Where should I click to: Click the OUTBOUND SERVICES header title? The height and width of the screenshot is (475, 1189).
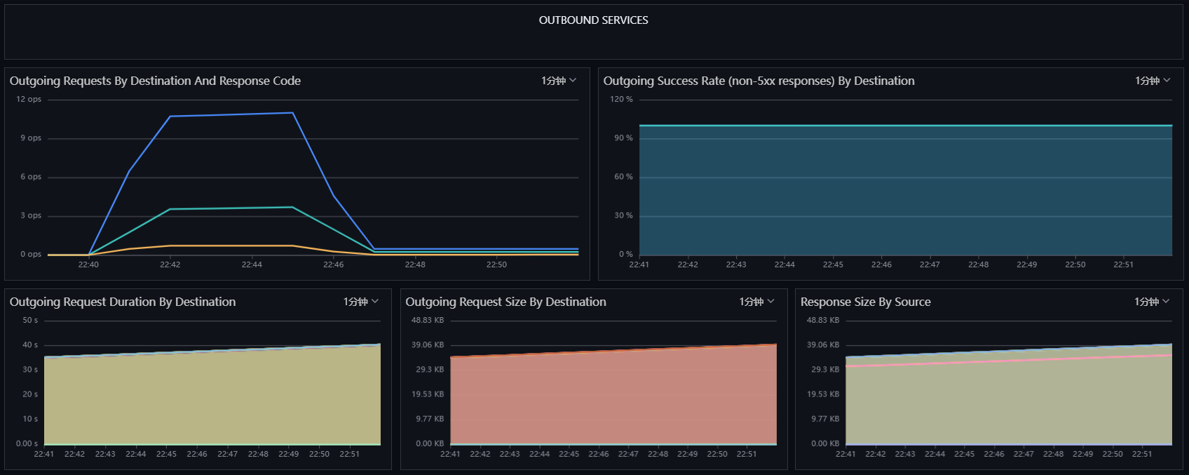click(593, 20)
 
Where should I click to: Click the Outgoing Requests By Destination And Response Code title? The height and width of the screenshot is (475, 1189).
click(155, 81)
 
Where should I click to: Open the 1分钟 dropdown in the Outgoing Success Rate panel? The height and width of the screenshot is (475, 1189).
click(1153, 81)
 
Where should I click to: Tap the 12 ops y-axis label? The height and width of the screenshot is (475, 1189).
click(29, 100)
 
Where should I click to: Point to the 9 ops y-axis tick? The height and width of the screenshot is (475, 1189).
click(31, 138)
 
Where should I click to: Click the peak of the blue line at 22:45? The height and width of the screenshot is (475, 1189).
click(292, 113)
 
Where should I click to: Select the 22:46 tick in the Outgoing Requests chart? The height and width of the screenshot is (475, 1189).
click(333, 265)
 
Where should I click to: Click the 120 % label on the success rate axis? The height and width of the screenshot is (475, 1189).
click(621, 100)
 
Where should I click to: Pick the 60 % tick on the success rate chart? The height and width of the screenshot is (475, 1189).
click(624, 177)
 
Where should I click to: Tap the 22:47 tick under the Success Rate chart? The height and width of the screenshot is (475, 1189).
click(930, 265)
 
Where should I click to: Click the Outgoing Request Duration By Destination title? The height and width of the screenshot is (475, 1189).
click(123, 302)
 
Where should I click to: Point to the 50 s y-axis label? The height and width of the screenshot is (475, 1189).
click(30, 321)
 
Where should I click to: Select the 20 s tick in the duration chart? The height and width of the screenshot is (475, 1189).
click(30, 394)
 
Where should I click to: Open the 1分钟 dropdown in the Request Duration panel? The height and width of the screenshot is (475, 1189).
click(360, 302)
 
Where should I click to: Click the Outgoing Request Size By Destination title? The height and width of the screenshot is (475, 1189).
click(506, 302)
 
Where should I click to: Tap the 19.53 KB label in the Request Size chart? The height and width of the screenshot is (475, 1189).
click(428, 394)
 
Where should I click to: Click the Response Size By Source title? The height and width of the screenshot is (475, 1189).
click(866, 302)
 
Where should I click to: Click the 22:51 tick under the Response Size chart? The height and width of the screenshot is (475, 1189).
click(1142, 454)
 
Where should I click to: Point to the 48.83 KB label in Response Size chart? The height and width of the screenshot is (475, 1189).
click(823, 321)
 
